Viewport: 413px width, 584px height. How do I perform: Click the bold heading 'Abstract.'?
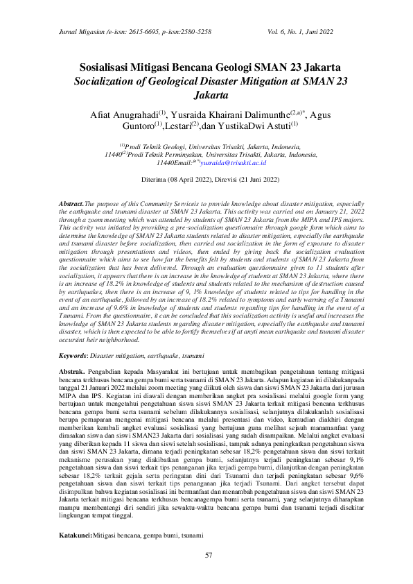(x=71, y=200)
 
